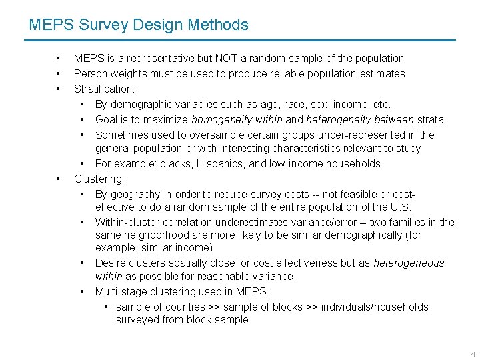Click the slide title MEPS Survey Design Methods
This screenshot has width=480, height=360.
139,25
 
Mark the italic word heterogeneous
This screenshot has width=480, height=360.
409,263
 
